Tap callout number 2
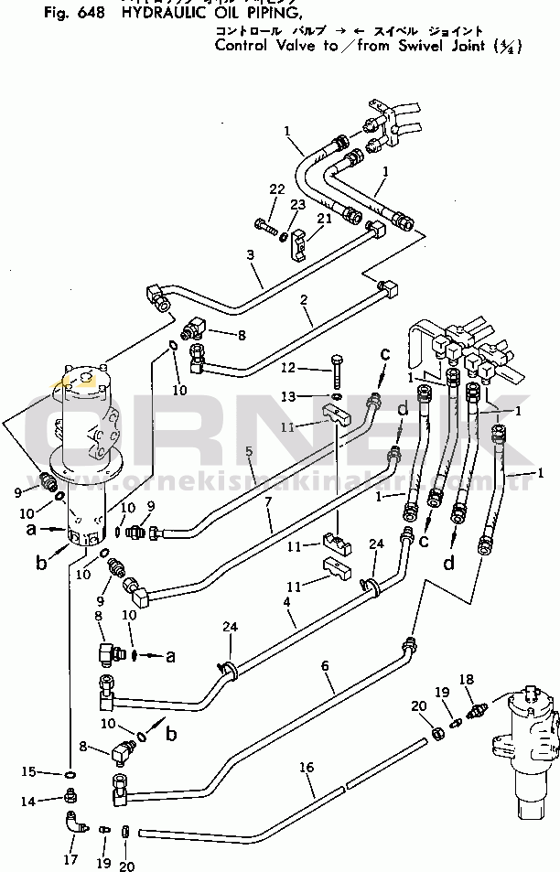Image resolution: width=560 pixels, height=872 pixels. [x=302, y=298]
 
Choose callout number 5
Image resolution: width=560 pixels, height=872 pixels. [x=249, y=450]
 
